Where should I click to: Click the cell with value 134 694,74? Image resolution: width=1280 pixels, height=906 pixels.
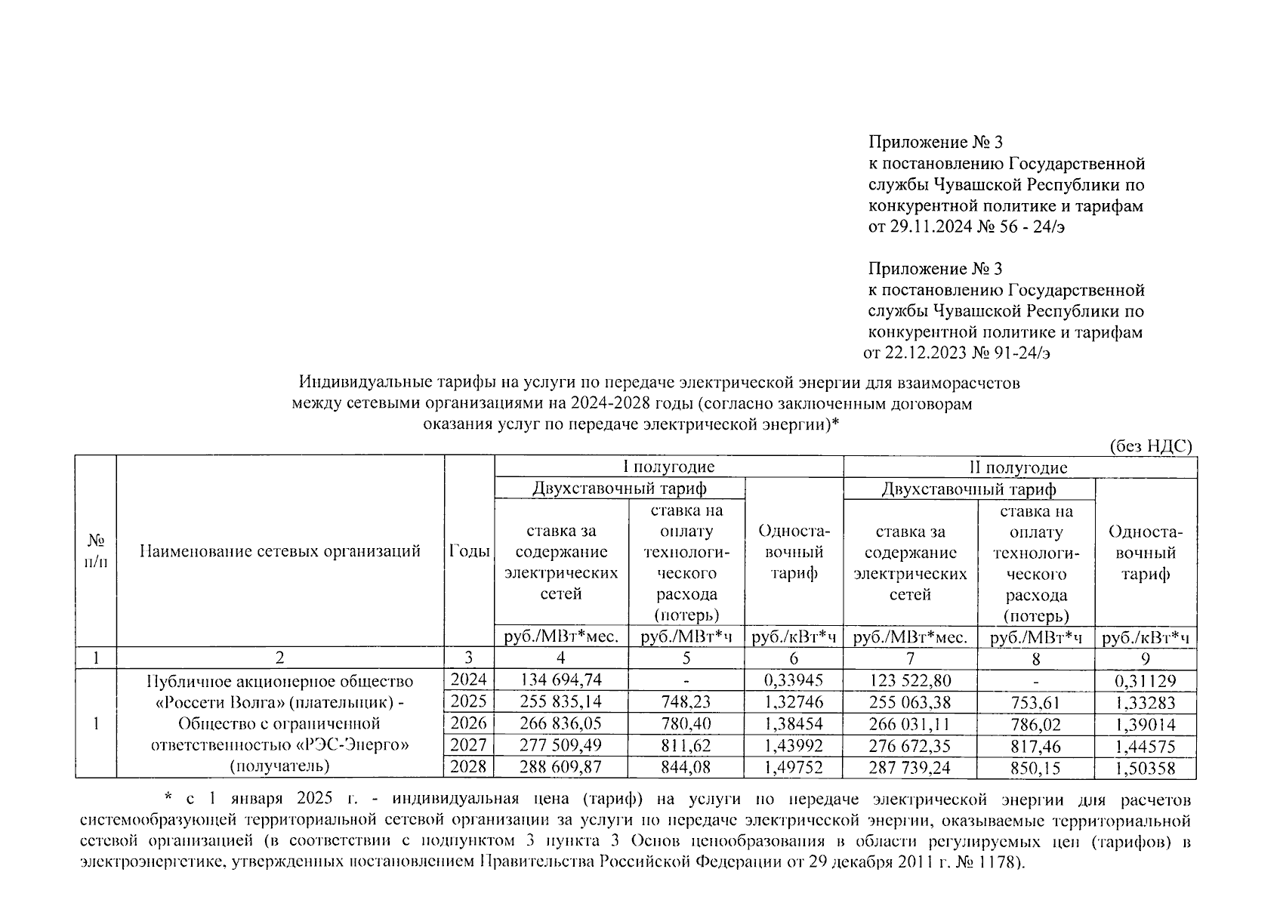pos(560,680)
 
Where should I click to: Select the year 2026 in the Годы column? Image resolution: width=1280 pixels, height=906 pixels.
pos(468,723)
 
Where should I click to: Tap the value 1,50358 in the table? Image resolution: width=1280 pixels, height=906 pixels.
pos(1145,769)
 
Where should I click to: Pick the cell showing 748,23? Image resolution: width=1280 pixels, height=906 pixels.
pos(686,702)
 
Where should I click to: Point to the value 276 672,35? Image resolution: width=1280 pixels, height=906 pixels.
pos(909,746)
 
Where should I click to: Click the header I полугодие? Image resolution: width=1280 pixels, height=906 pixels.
pos(668,467)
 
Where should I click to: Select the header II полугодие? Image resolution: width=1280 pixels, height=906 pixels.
pos(1019,467)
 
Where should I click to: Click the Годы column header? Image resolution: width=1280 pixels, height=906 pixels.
pos(469,551)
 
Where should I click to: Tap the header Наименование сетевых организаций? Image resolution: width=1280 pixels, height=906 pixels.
pos(280,551)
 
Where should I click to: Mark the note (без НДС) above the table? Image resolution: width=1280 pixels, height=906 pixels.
pos(1150,445)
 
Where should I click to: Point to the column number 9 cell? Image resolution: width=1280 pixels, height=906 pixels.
pos(1145,658)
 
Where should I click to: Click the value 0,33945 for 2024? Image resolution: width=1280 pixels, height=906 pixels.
pos(793,680)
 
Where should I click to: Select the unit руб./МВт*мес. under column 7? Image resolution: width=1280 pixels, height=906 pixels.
pos(909,637)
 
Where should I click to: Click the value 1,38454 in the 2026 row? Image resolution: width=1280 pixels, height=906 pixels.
pos(793,723)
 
